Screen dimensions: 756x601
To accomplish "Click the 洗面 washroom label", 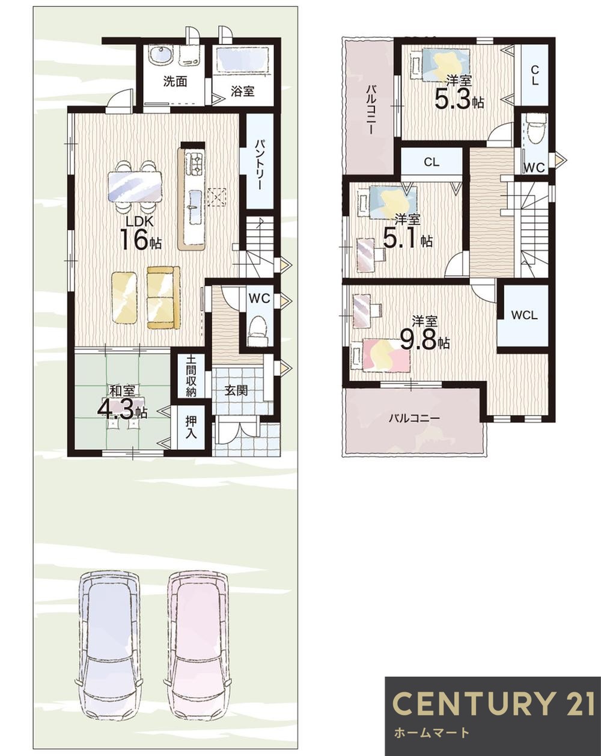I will click(175, 82).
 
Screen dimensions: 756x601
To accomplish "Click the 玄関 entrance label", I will click(236, 390).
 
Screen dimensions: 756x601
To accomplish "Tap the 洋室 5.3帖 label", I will click(459, 93).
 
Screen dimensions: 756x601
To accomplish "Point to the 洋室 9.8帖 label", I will click(424, 334).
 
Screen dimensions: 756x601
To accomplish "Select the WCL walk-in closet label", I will click(524, 315).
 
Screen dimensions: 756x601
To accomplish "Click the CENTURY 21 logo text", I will click(493, 703).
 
